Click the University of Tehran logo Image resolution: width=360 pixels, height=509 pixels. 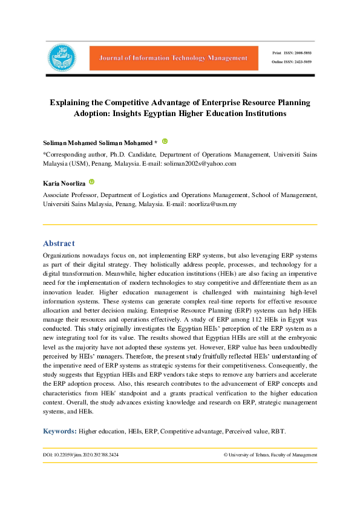[62, 58]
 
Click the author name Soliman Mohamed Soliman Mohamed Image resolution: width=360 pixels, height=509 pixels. [97, 142]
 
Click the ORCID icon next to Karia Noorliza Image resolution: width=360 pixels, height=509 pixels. [92, 182]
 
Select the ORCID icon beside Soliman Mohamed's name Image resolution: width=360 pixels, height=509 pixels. [165, 141]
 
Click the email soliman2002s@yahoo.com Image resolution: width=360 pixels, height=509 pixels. [201, 163]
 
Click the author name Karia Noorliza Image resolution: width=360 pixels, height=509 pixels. [64, 183]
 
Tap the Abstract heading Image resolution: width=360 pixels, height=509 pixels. [59, 243]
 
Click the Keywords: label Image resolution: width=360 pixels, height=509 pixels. [59, 431]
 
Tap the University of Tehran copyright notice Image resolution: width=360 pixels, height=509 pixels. [270, 455]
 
